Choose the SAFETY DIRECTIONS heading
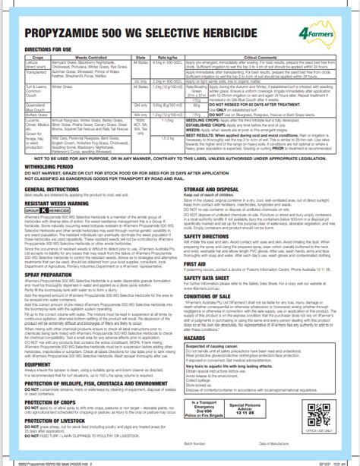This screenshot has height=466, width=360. point(212,235)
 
